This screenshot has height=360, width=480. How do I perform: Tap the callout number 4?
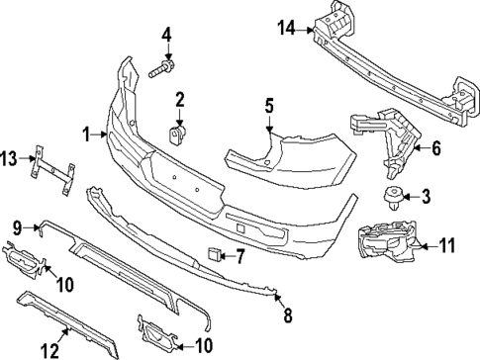point(166,37)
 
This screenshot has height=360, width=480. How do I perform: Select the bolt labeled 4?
point(162,70)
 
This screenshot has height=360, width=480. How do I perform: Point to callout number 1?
point(86,134)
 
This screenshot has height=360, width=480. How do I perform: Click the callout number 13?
point(10,157)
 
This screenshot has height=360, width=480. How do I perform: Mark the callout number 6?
point(433,149)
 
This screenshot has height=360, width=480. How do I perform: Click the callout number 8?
point(288,316)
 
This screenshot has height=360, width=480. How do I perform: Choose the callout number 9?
point(17,226)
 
